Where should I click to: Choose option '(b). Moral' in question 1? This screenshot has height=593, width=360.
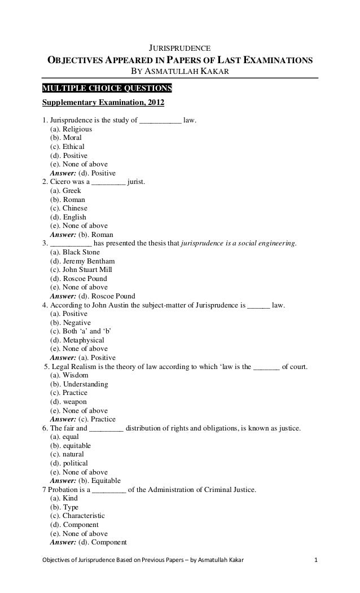(66, 138)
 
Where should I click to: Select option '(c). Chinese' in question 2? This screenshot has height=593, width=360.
(69, 208)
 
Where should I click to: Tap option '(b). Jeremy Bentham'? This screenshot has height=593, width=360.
(82, 261)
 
